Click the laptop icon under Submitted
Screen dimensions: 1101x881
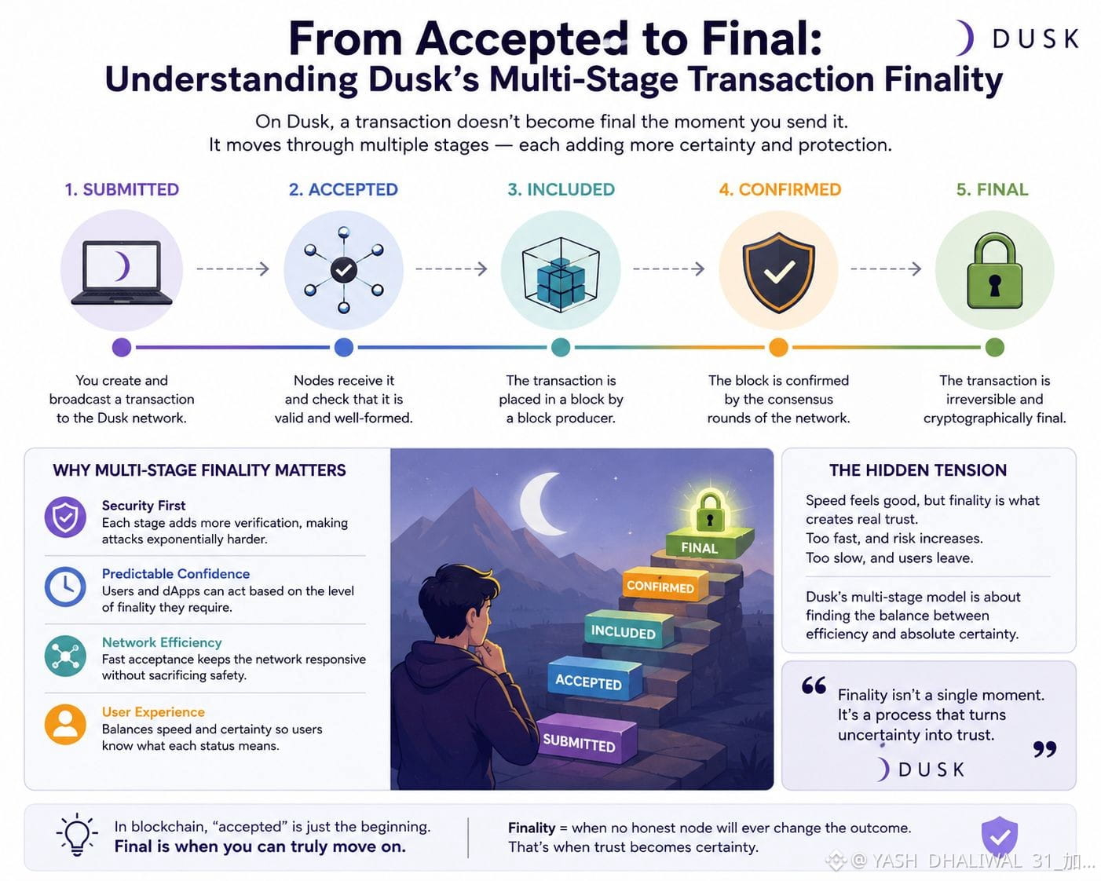[121, 272]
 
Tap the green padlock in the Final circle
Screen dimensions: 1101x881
[994, 271]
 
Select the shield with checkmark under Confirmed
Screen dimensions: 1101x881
[778, 272]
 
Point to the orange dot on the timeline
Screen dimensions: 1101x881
[778, 347]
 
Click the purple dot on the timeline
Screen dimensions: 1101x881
[121, 347]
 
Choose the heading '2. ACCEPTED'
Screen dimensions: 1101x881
[343, 189]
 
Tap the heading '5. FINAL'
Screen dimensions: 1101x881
[992, 189]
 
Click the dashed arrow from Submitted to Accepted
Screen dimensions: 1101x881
[232, 269]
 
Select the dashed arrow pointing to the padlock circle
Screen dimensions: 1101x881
[886, 269]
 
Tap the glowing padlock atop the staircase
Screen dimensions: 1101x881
[710, 512]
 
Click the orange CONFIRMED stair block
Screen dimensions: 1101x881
[664, 584]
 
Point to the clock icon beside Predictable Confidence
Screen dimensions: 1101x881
[65, 587]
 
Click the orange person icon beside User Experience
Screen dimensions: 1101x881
[65, 725]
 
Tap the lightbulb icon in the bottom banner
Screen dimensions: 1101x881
[77, 835]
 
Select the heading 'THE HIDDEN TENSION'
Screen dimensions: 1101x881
[918, 470]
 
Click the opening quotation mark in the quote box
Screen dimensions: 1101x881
[814, 685]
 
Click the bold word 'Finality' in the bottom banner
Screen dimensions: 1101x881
[532, 828]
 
